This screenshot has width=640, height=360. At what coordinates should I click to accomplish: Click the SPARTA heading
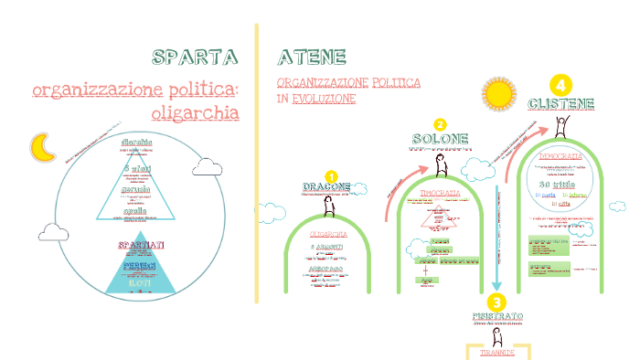pyautogui.click(x=195, y=58)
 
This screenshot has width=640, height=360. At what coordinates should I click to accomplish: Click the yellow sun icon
pyautogui.click(x=500, y=94)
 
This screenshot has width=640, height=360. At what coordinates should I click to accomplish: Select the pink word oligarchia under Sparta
pyautogui.click(x=194, y=113)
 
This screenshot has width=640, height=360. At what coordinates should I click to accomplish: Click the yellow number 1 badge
pyautogui.click(x=331, y=175)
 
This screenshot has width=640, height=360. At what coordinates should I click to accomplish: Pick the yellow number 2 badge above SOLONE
pyautogui.click(x=440, y=124)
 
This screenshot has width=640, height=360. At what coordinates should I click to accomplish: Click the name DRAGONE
pyautogui.click(x=326, y=187)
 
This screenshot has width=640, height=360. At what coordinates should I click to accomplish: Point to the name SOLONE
pyautogui.click(x=440, y=139)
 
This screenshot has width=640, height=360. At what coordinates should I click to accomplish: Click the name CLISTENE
pyautogui.click(x=560, y=103)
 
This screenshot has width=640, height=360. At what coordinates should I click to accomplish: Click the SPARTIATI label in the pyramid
pyautogui.click(x=142, y=246)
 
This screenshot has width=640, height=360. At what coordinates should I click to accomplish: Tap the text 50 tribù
pyautogui.click(x=559, y=185)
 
